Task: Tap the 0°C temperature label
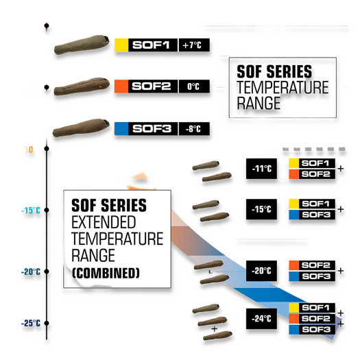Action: coord(194,86)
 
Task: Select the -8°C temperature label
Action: coord(194,129)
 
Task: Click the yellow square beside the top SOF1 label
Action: coord(121,45)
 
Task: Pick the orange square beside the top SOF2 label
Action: coord(121,86)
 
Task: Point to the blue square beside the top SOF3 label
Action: coord(121,129)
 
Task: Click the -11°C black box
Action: coord(261,169)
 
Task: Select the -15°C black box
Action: coord(261,209)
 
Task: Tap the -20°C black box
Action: coord(261,271)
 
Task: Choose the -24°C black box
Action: coord(261,319)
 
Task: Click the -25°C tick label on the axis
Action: coord(31,323)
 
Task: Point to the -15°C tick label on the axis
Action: coord(31,211)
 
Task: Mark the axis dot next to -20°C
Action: coord(47,272)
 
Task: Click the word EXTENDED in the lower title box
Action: coord(104,222)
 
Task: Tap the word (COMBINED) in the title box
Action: coord(106,273)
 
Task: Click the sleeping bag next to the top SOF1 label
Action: coord(82,45)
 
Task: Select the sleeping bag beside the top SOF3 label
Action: coord(81,128)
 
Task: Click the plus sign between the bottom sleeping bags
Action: coord(215,329)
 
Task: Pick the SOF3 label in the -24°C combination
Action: coord(316,330)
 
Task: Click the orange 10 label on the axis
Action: coord(29,149)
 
